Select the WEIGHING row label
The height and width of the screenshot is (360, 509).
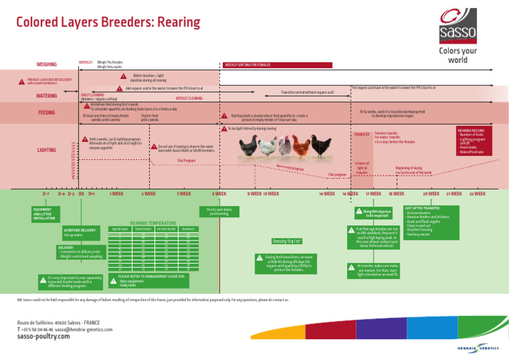(46, 64)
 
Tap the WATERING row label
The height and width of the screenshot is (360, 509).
(46, 96)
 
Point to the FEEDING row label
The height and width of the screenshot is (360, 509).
(46, 113)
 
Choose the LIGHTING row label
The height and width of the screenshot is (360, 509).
(46, 150)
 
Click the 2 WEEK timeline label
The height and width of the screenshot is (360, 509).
(148, 194)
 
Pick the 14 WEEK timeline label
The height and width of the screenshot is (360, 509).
(325, 194)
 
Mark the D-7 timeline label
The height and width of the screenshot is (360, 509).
(46, 194)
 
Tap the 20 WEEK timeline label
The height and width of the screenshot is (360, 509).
(431, 194)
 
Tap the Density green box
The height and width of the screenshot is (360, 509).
(288, 241)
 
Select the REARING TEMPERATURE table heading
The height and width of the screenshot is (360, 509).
(153, 223)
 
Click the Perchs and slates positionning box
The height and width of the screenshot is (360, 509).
(219, 211)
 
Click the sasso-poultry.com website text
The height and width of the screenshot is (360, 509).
(43, 336)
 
